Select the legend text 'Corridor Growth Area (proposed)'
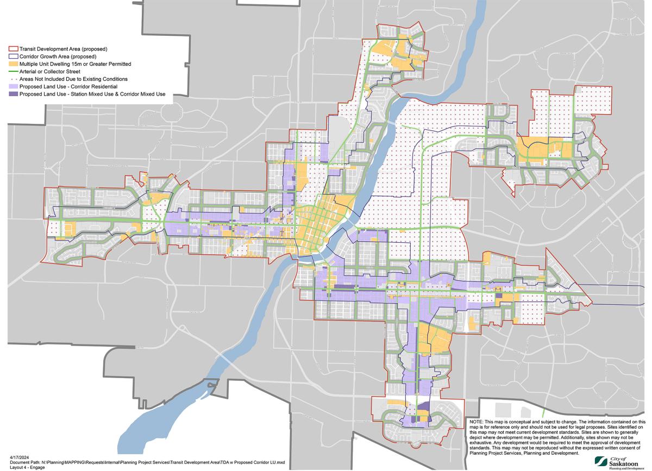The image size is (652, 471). click(x=58, y=56)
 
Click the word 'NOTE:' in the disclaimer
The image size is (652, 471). click(x=476, y=422)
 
